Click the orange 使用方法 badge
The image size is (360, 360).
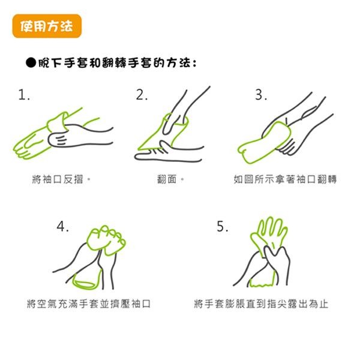coord(47,27)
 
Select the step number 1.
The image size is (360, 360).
coord(25,96)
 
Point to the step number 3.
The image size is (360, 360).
coord(260,96)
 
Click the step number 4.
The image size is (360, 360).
coord(62,227)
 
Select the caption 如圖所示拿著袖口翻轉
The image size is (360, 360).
coord(285,179)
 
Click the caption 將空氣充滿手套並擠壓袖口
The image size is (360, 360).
coord(89,304)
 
